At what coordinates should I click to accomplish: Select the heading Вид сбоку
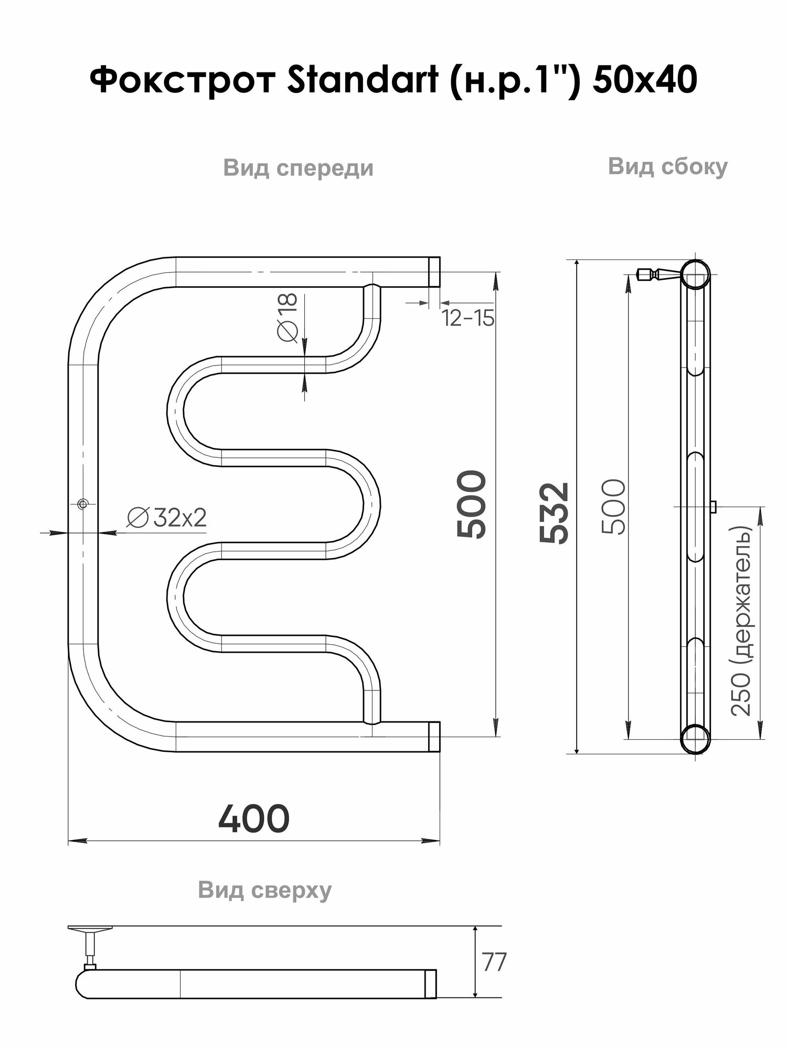click(x=667, y=167)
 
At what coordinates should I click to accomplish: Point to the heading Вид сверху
click(x=265, y=890)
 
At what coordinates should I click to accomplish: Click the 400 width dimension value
click(x=254, y=818)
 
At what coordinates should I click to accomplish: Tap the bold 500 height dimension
click(x=471, y=504)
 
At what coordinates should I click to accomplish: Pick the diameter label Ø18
click(x=288, y=317)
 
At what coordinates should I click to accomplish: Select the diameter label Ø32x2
click(x=167, y=518)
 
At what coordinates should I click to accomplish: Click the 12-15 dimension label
click(x=468, y=318)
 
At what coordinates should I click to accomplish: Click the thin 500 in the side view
click(x=614, y=507)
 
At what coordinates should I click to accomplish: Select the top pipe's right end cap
click(x=434, y=271)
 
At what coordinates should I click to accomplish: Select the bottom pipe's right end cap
click(x=434, y=737)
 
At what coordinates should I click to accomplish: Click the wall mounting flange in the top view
click(x=90, y=929)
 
